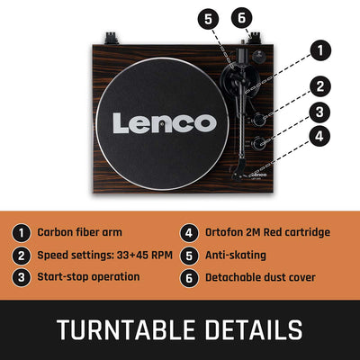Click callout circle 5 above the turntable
click(x=208, y=20)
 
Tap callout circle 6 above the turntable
click(x=242, y=18)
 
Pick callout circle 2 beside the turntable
click(x=320, y=86)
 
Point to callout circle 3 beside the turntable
click(x=319, y=112)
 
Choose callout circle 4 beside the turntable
click(x=319, y=136)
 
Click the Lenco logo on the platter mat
click(x=165, y=123)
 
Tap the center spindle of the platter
click(x=162, y=123)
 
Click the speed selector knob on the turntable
click(x=258, y=120)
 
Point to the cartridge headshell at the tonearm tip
click(x=239, y=171)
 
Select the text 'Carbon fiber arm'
click(x=79, y=232)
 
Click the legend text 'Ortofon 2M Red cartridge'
click(x=267, y=232)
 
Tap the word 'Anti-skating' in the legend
click(x=236, y=256)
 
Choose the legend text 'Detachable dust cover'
click(x=260, y=277)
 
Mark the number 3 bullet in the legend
click(x=21, y=277)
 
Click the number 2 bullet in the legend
click(x=21, y=256)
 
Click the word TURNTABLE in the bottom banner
click(x=126, y=329)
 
